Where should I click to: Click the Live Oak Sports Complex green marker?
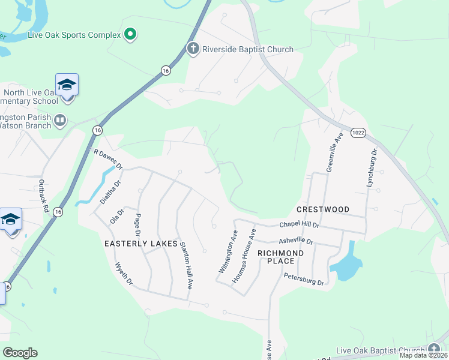pos(130,34)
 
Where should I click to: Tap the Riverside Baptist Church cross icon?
pos(193,49)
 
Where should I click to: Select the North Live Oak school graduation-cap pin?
pos(67,86)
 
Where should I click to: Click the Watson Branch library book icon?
pos(60,121)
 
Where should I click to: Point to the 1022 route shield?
pos(358,132)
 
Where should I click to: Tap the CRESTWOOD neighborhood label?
pos(323,209)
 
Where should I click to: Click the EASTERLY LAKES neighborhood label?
pos(141,244)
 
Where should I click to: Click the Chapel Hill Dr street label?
pos(300,224)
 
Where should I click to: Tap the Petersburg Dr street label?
pos(304,279)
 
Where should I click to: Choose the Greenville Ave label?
pos(334,153)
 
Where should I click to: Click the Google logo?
pos(20,352)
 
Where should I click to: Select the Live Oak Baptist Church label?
pos(381,350)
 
